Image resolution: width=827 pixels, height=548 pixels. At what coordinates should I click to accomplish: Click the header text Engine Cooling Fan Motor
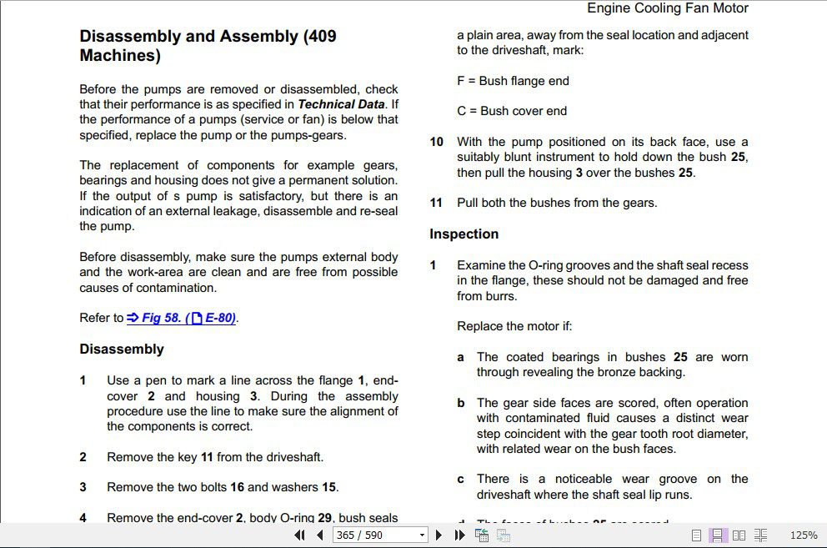click(668, 8)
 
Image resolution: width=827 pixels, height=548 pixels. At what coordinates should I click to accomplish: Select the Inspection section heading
click(464, 234)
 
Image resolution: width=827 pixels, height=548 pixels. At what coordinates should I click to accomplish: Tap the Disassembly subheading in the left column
click(122, 349)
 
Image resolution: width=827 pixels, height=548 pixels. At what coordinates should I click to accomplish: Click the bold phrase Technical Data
click(341, 104)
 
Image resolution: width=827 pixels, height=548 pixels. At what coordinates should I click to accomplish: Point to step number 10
click(437, 142)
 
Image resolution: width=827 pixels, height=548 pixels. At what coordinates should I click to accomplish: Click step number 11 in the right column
click(437, 203)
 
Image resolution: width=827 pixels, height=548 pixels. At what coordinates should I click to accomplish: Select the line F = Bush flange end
click(513, 81)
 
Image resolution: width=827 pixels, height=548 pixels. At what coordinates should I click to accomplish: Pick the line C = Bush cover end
click(512, 111)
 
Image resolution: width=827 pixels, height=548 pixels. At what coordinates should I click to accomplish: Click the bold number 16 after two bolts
click(237, 487)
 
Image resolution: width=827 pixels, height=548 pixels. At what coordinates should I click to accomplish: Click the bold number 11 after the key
click(208, 457)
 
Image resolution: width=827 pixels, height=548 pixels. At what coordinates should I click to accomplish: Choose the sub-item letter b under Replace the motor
click(461, 403)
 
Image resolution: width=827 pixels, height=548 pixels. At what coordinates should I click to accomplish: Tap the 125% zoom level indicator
click(803, 535)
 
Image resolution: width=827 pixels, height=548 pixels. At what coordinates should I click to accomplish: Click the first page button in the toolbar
click(300, 535)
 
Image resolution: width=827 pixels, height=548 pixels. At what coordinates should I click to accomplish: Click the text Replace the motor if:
click(514, 326)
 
